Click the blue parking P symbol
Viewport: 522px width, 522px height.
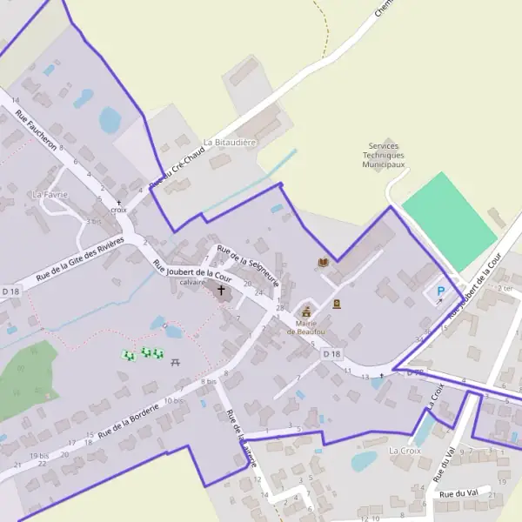[x=440, y=291]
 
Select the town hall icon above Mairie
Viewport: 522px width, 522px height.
[x=305, y=311]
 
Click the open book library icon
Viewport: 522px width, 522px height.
[x=324, y=262]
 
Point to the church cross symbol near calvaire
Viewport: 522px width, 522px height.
[x=220, y=290]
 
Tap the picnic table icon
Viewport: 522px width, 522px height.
[x=176, y=361]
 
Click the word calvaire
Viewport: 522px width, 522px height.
[x=192, y=282]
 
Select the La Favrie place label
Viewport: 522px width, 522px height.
[x=49, y=194]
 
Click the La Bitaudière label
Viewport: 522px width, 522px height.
[x=230, y=142]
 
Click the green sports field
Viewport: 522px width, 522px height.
[x=449, y=221]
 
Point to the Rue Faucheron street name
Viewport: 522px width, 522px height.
[x=37, y=130]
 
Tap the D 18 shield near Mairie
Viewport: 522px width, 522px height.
[x=331, y=354]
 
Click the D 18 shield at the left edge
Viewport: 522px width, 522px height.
[x=10, y=291]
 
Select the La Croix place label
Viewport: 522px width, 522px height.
[x=405, y=451]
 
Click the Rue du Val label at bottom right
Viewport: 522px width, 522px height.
[x=458, y=494]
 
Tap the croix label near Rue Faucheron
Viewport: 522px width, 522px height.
[x=119, y=210]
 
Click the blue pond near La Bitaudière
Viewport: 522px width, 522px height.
[x=110, y=120]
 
